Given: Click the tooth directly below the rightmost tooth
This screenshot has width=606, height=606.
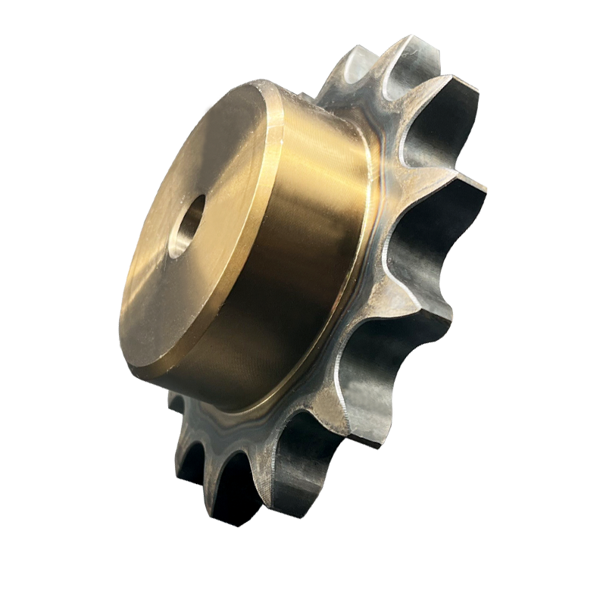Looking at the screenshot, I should pyautogui.click(x=447, y=303).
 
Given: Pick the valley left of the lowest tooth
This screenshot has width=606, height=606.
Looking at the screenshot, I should pyautogui.click(x=227, y=485).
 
